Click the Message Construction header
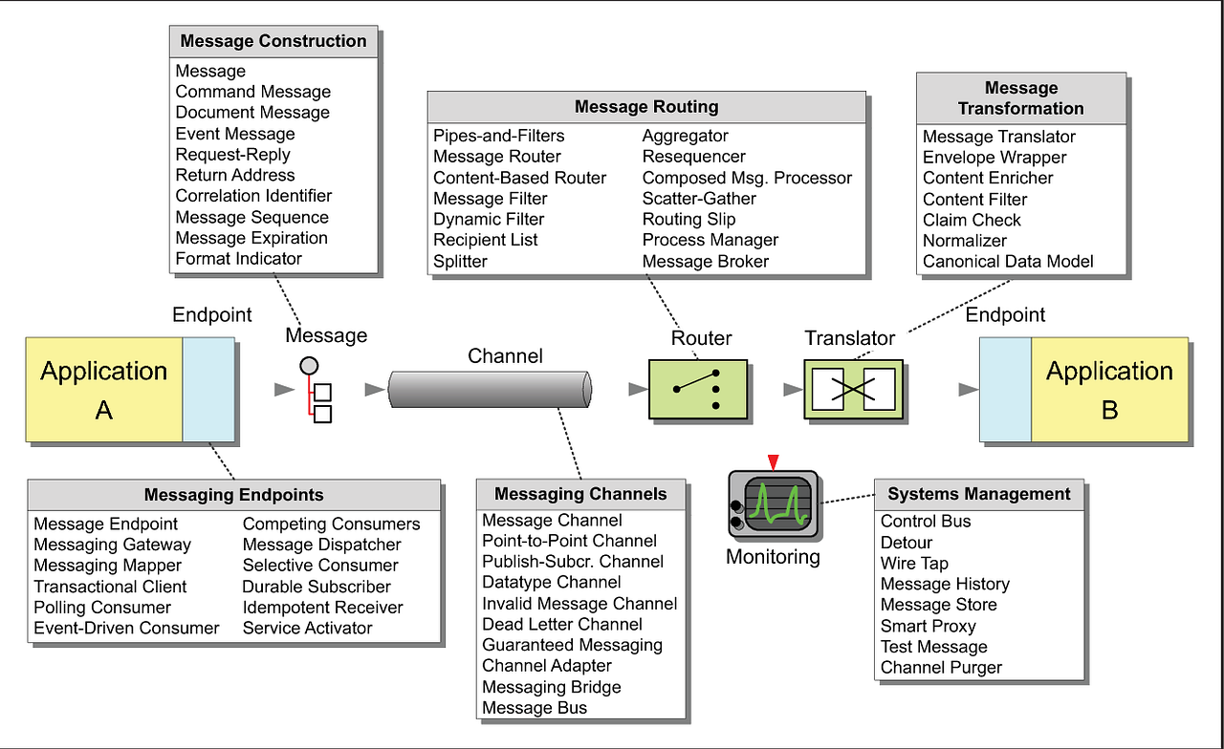point(273,41)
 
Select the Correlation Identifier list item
point(253,196)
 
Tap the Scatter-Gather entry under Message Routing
point(699,199)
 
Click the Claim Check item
point(972,220)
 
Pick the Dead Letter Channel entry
point(562,624)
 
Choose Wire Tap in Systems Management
point(914,564)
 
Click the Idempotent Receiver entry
point(322,608)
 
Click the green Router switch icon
point(696,389)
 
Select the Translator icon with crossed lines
point(853,389)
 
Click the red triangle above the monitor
point(774,462)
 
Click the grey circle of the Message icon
point(308,365)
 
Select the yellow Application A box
point(104,389)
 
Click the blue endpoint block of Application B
point(1006,389)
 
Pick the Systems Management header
point(979,494)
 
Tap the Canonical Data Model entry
point(1008,262)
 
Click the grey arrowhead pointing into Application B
point(968,390)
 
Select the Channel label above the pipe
point(505,356)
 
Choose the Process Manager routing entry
point(710,240)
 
